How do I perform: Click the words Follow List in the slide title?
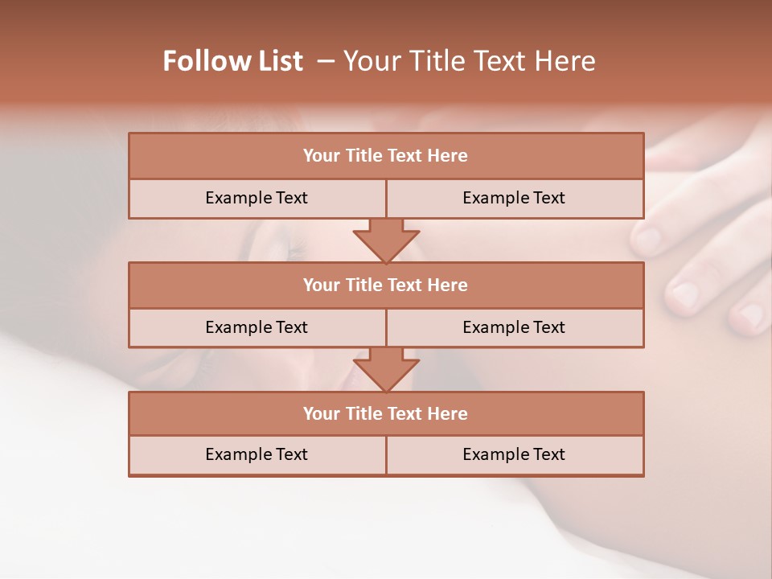pos(232,61)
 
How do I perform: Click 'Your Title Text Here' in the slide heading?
pos(469,61)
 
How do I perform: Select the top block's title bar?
pos(385,156)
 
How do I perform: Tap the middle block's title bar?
pos(385,285)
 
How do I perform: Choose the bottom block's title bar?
pos(385,413)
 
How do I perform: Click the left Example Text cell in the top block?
pos(257,198)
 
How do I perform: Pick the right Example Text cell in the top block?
pos(514,198)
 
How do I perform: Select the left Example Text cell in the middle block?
pos(257,327)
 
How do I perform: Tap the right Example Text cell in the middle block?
pos(514,327)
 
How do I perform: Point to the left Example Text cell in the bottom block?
pos(257,454)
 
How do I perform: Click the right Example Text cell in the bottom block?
pos(514,454)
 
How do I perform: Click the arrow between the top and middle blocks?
pos(386,241)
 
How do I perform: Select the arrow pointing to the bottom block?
pos(386,371)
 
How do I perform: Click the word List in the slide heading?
pos(277,61)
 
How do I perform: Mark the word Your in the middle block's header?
pos(321,285)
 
